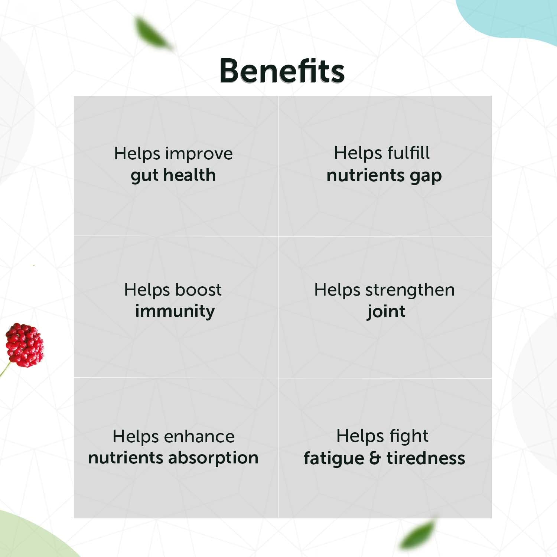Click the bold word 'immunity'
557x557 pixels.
[175, 311]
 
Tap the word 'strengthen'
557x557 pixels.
[410, 290]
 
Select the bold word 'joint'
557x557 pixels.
[386, 312]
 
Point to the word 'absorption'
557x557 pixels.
[214, 458]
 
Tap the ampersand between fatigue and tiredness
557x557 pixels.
[375, 458]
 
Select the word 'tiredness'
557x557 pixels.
[426, 458]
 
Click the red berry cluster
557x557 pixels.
[25, 345]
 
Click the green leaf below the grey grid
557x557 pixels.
[418, 534]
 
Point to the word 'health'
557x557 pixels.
[189, 175]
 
